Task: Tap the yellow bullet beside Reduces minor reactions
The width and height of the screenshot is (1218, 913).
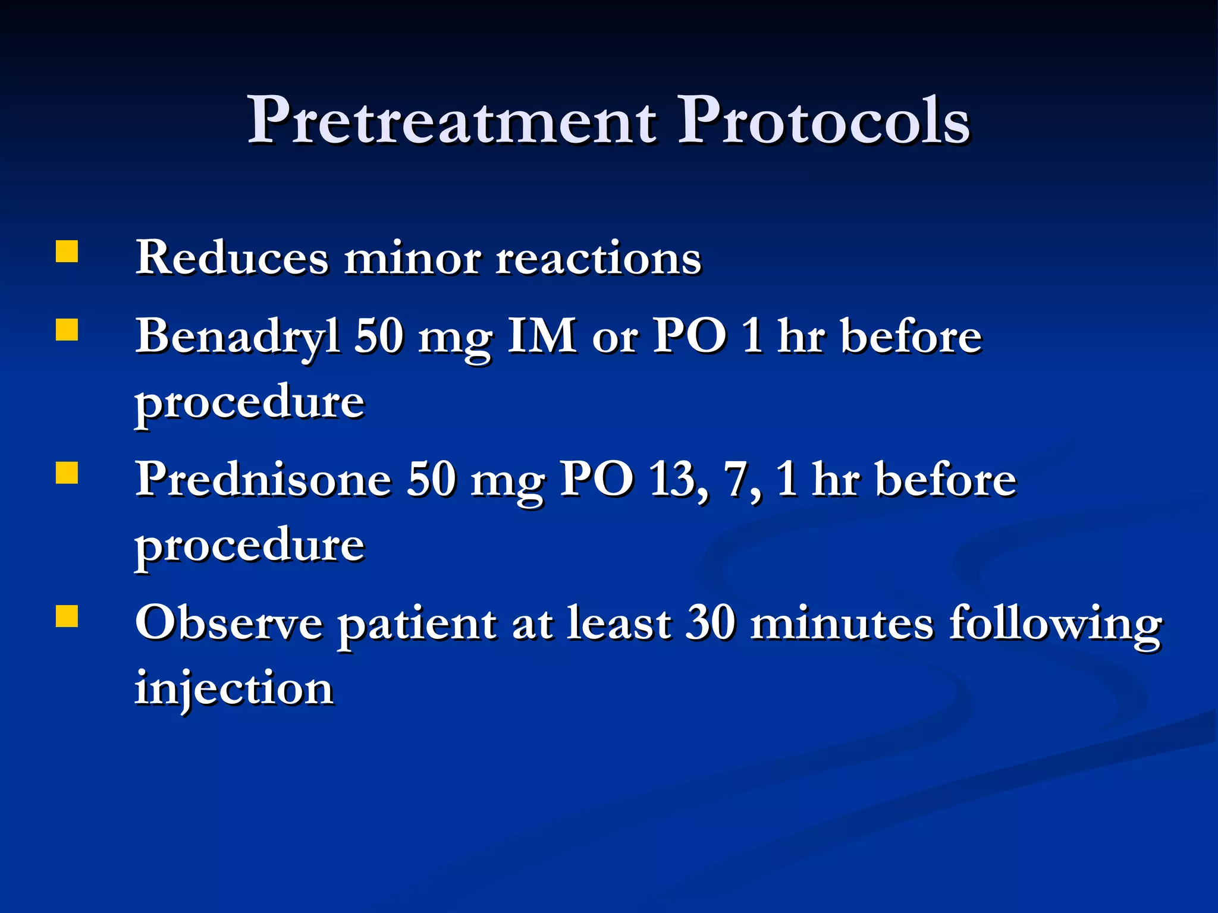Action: click(x=67, y=251)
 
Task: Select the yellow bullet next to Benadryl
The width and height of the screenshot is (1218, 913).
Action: click(x=67, y=329)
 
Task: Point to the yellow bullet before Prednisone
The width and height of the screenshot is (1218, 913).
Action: click(x=67, y=473)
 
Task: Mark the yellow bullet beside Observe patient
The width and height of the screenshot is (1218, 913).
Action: click(x=67, y=616)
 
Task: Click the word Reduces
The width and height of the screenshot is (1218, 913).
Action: click(x=232, y=258)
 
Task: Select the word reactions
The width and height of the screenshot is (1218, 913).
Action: click(x=598, y=259)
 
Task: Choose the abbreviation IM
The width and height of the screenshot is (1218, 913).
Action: click(x=541, y=336)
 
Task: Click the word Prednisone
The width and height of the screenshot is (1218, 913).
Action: click(x=263, y=480)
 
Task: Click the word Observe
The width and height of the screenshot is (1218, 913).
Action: click(x=229, y=624)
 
